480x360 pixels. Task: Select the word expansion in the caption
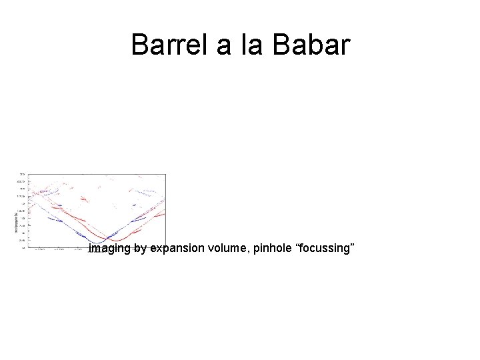177,249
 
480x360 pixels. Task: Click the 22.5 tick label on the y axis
21,181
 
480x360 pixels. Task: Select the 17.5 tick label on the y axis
21,196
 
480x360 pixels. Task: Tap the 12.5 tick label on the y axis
21,211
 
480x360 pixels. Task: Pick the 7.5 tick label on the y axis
21,225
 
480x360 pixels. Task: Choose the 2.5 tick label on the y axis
21,240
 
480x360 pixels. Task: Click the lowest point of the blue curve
95,243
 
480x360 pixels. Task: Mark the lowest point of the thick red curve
117,240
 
